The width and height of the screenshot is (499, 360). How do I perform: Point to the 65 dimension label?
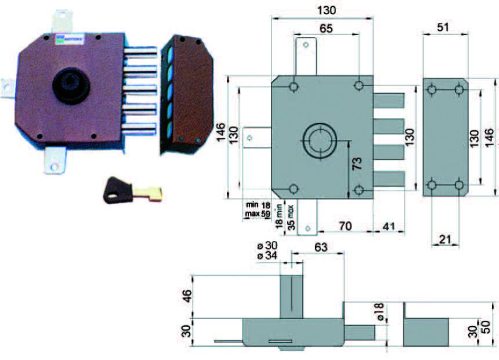pos(326,28)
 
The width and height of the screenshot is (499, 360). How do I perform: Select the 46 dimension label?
pos(185,296)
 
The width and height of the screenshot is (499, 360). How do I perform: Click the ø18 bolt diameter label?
pos(380,312)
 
